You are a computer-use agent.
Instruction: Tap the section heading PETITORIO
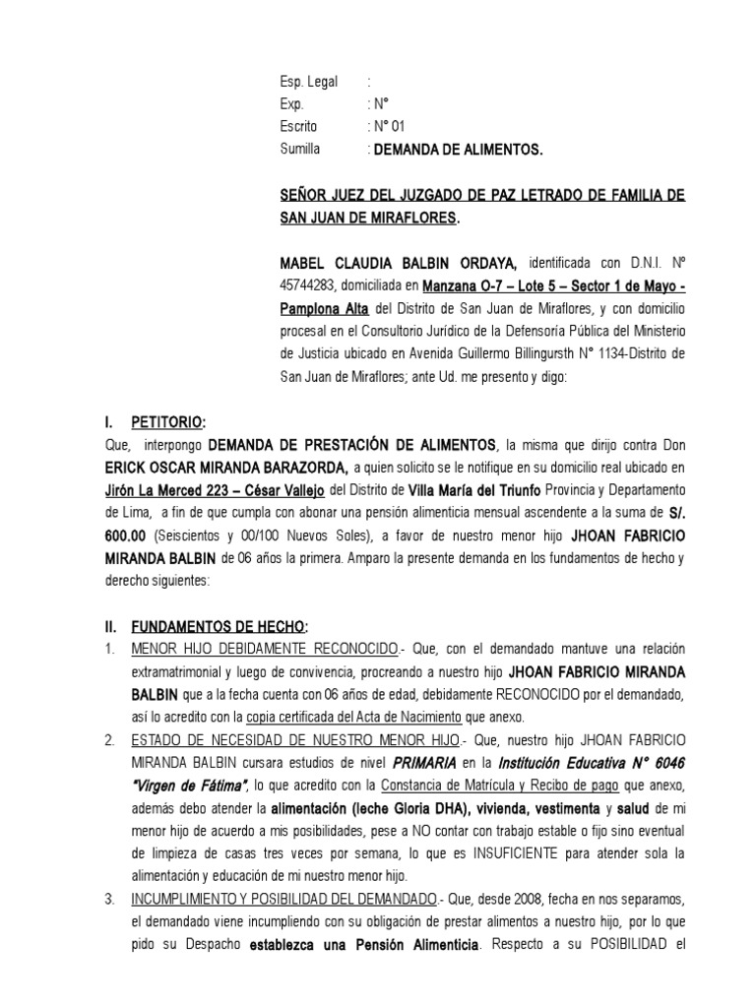pos(168,422)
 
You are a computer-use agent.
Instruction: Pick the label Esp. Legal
pos(309,83)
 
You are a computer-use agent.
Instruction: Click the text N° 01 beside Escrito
pos(387,127)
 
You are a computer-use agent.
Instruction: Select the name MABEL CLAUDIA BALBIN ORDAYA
pos(399,264)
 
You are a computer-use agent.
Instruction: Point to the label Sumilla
pos(300,150)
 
